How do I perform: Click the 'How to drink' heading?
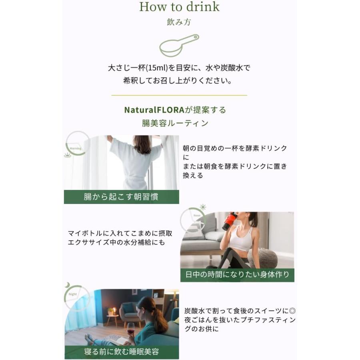[179, 7]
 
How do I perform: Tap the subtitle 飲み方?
[179, 22]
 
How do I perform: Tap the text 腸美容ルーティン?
[175, 123]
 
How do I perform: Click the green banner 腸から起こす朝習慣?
[121, 197]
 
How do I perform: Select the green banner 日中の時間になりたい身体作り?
[237, 275]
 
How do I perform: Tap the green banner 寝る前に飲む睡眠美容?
[122, 352]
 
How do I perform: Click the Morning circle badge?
[76, 144]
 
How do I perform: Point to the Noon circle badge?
[193, 220]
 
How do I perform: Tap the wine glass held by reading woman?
[130, 333]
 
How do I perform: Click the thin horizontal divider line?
[179, 95]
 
